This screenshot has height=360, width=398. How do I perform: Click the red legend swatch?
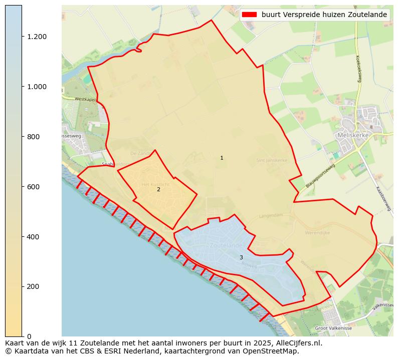249,15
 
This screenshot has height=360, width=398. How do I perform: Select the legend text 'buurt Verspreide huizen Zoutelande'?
324,15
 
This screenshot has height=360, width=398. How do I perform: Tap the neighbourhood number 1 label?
222,158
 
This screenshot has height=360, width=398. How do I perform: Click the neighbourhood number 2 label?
158,189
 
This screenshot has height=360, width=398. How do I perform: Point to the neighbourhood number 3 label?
241,258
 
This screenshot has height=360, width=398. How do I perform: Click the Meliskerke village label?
356,135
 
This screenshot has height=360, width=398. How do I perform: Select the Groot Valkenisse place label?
334,328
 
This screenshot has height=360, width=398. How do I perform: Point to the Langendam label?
271,216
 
